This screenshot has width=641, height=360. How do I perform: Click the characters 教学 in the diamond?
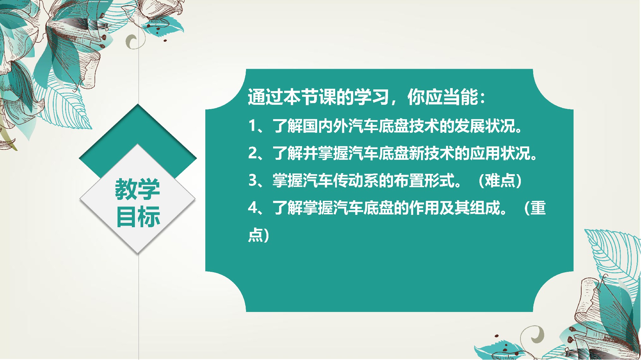click(x=138, y=189)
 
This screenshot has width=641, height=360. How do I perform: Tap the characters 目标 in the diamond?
click(x=138, y=217)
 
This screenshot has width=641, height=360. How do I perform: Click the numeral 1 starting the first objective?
click(x=252, y=126)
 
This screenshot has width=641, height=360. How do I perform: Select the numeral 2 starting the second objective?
click(x=253, y=153)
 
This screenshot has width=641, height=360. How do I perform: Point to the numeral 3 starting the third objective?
click(x=253, y=181)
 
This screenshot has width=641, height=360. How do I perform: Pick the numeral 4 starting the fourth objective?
click(x=253, y=208)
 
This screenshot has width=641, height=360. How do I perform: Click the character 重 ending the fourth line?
click(x=538, y=208)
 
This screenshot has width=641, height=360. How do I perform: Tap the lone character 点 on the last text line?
click(x=255, y=235)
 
